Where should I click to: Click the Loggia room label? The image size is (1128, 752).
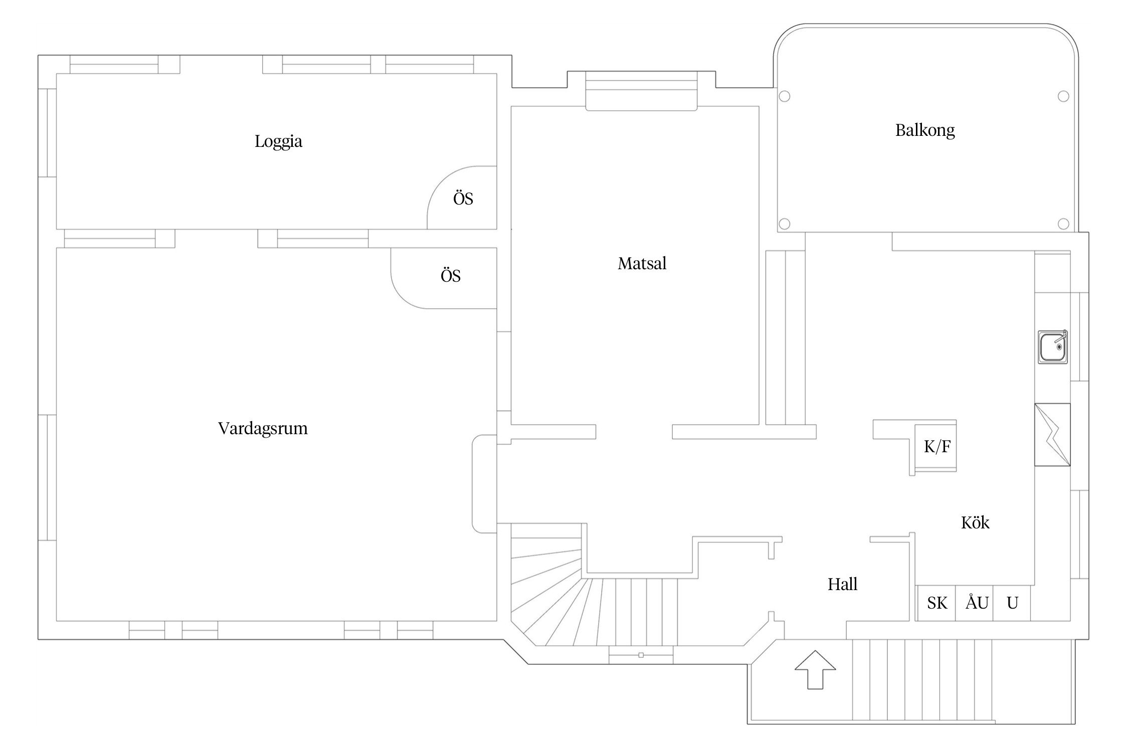(278, 141)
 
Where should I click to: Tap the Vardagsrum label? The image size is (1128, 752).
(263, 429)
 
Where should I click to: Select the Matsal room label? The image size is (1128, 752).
(642, 264)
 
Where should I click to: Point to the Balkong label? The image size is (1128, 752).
(924, 130)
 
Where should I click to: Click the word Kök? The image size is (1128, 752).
(975, 523)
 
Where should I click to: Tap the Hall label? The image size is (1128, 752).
(842, 585)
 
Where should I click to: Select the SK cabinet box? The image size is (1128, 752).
(936, 603)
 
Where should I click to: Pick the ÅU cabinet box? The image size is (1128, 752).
(976, 603)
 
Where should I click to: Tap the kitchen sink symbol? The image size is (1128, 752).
(1053, 346)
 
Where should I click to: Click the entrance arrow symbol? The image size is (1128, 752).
(815, 669)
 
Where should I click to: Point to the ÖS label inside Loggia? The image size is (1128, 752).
(463, 199)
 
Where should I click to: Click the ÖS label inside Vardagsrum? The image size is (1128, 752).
(450, 276)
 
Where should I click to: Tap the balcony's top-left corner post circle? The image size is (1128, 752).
(785, 96)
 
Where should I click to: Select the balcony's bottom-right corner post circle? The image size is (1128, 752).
(1063, 224)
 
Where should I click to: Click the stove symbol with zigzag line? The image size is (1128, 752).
(1052, 435)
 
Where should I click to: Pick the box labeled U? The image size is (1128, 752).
(1012, 603)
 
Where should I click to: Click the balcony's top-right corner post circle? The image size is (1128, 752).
(1063, 96)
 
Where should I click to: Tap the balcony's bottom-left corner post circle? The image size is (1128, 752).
(785, 224)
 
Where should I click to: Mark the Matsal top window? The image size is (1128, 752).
(641, 90)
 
